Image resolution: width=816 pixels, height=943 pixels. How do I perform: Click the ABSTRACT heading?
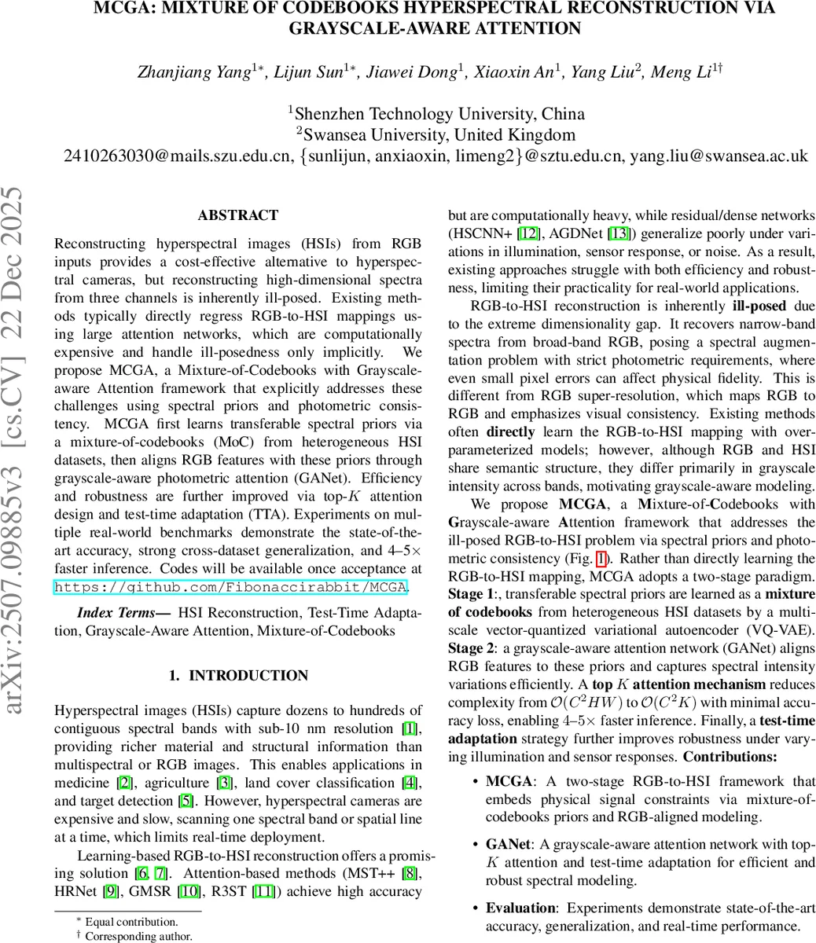pyautogui.click(x=237, y=215)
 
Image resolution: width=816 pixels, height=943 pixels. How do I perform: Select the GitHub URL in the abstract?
pyautogui.click(x=230, y=587)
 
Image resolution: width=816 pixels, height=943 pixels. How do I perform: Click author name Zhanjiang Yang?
pyautogui.click(x=179, y=73)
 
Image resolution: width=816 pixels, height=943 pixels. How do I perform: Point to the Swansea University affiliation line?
pyautogui.click(x=436, y=134)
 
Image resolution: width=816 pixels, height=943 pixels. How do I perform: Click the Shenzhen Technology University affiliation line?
pyautogui.click(x=436, y=113)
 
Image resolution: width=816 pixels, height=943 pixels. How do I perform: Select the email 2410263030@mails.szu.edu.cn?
pyautogui.click(x=178, y=156)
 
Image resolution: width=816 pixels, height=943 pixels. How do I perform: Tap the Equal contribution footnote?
pyautogui.click(x=130, y=922)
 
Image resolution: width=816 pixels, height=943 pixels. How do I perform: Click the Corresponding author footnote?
pyautogui.click(x=138, y=936)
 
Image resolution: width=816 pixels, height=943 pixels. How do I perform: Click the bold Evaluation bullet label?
pyautogui.click(x=521, y=908)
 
